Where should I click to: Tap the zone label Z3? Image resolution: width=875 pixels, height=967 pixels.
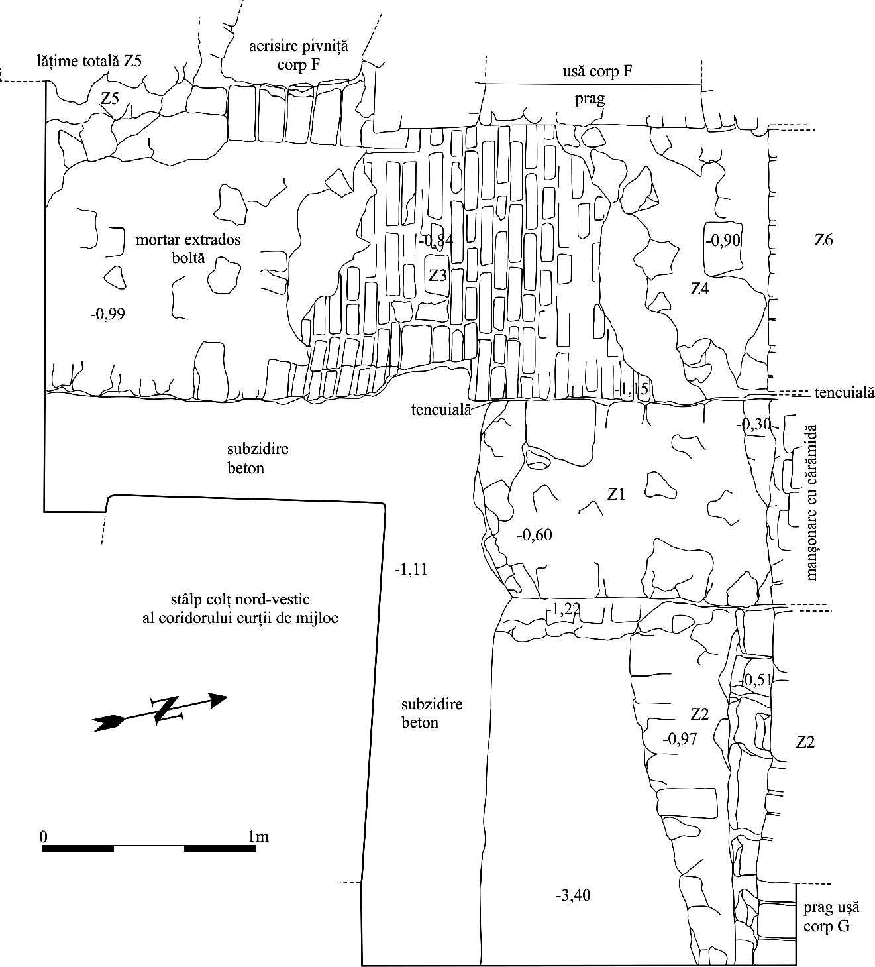tap(438, 276)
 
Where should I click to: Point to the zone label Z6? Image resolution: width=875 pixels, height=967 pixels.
tap(823, 240)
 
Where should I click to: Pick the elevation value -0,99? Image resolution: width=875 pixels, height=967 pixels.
tap(107, 313)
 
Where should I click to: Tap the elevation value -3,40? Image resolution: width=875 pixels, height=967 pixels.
tap(573, 896)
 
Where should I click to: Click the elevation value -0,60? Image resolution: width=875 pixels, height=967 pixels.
tap(534, 534)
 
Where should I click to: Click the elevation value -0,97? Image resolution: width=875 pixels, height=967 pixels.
tap(680, 738)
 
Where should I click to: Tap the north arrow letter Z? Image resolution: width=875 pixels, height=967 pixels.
tap(166, 710)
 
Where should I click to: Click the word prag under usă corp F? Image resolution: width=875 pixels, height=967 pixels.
tap(590, 99)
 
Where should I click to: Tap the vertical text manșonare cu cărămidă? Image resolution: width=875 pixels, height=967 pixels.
tap(812, 502)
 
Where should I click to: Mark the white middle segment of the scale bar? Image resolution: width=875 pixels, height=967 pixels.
tap(149, 848)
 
